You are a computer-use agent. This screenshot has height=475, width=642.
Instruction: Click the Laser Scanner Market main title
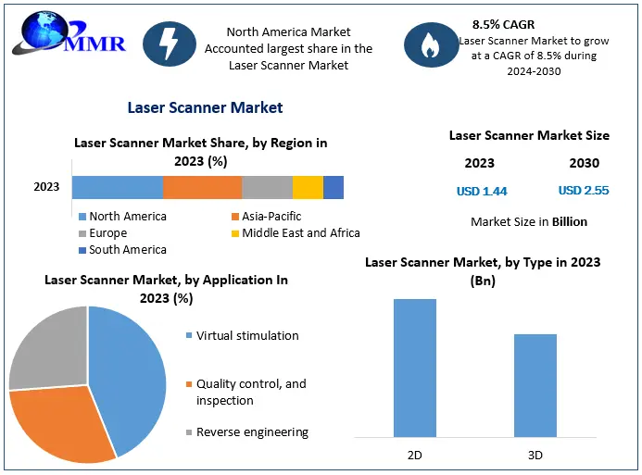pos(205,108)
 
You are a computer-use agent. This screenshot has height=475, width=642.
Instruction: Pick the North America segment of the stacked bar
pos(117,187)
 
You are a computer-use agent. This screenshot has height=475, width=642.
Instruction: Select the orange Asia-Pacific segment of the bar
pos(202,187)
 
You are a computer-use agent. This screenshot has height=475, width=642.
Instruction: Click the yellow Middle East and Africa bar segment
pos(308,187)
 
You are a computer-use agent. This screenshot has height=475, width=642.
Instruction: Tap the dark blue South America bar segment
pos(334,187)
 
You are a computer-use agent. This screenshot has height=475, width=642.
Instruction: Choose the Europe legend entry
pos(108,233)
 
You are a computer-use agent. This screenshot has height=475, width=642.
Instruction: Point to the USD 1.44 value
pos(482,192)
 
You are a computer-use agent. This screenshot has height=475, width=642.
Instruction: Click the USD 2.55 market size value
pos(584,191)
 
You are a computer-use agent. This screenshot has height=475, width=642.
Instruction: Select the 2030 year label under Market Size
pos(584,163)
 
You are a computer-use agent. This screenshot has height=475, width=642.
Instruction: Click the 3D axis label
pos(535,455)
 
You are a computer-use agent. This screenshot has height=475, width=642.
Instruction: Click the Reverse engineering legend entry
pos(252,432)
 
